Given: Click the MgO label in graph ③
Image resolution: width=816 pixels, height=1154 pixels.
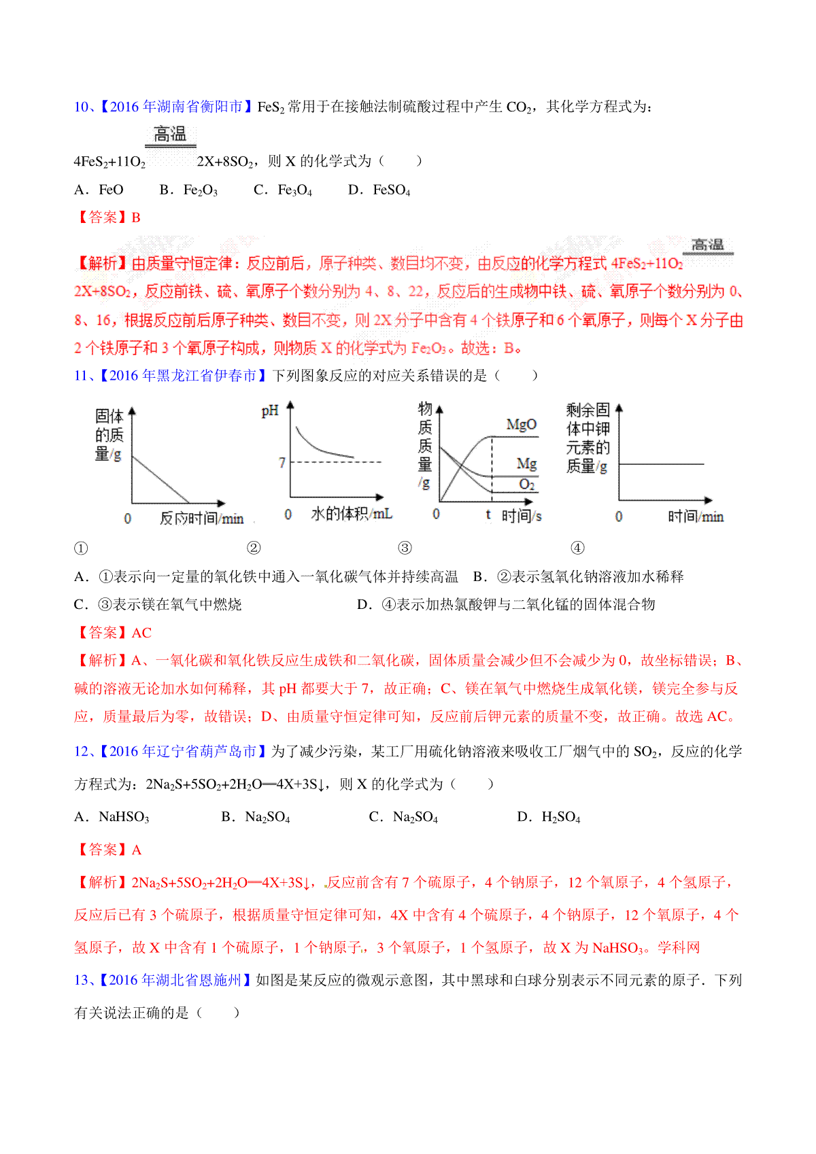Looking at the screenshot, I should (x=522, y=425).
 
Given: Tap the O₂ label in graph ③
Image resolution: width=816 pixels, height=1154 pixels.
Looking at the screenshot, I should (x=527, y=485).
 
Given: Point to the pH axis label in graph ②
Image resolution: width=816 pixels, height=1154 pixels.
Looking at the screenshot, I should (x=270, y=410).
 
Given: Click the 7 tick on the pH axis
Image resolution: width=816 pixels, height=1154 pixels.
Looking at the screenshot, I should (x=282, y=463).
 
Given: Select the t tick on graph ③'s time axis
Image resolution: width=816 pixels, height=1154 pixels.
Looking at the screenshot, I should (x=488, y=515).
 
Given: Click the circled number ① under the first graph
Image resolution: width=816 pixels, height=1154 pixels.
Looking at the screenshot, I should (x=81, y=548).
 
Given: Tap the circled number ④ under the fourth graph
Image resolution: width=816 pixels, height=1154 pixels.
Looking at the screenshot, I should (x=577, y=548).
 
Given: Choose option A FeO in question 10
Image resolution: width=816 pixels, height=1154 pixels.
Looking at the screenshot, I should (x=99, y=190).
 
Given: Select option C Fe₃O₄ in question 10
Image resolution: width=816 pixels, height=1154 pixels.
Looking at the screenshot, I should (x=283, y=190).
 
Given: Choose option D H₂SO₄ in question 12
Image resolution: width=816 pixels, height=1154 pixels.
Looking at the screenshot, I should (x=549, y=817).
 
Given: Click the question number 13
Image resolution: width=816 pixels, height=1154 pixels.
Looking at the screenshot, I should (x=82, y=980).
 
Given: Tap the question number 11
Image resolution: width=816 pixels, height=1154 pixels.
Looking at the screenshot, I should (x=82, y=376).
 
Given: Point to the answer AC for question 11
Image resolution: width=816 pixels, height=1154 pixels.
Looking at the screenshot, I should (x=141, y=633).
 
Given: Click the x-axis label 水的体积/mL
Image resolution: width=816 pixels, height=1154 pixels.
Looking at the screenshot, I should (x=351, y=514).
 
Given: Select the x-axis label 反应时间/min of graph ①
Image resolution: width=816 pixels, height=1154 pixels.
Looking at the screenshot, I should (x=201, y=519).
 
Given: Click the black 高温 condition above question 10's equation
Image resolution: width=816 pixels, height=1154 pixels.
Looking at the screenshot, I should (x=170, y=135).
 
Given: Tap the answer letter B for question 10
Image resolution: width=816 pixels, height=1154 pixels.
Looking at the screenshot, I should (x=136, y=217).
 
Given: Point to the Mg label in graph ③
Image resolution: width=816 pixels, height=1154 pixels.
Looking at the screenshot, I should (x=527, y=464).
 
